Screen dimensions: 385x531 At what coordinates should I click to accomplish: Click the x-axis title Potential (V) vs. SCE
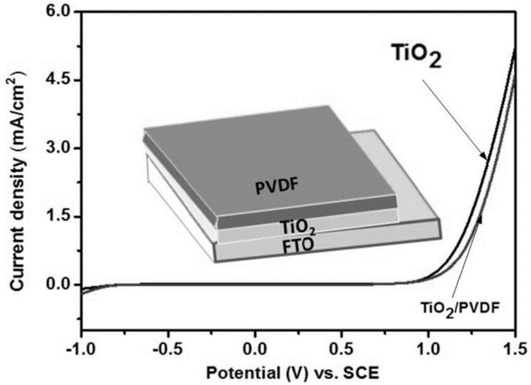click(x=298, y=370)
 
